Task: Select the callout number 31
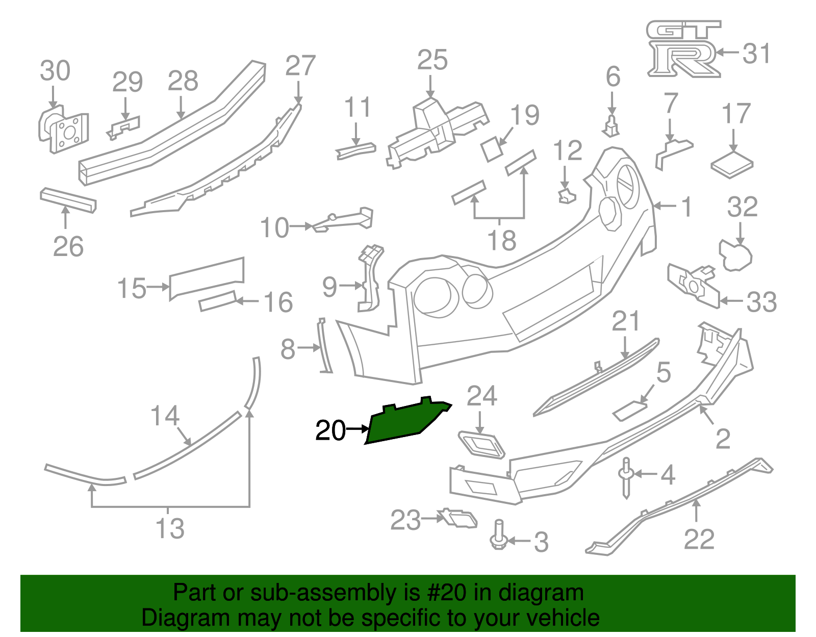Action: click(x=756, y=53)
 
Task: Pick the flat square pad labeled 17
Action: click(x=732, y=165)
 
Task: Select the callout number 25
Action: click(x=432, y=60)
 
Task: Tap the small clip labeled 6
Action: click(x=611, y=126)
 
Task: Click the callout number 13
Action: click(x=170, y=528)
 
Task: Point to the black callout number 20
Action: click(x=330, y=430)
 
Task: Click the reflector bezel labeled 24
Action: click(x=481, y=444)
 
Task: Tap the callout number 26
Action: click(x=68, y=247)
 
